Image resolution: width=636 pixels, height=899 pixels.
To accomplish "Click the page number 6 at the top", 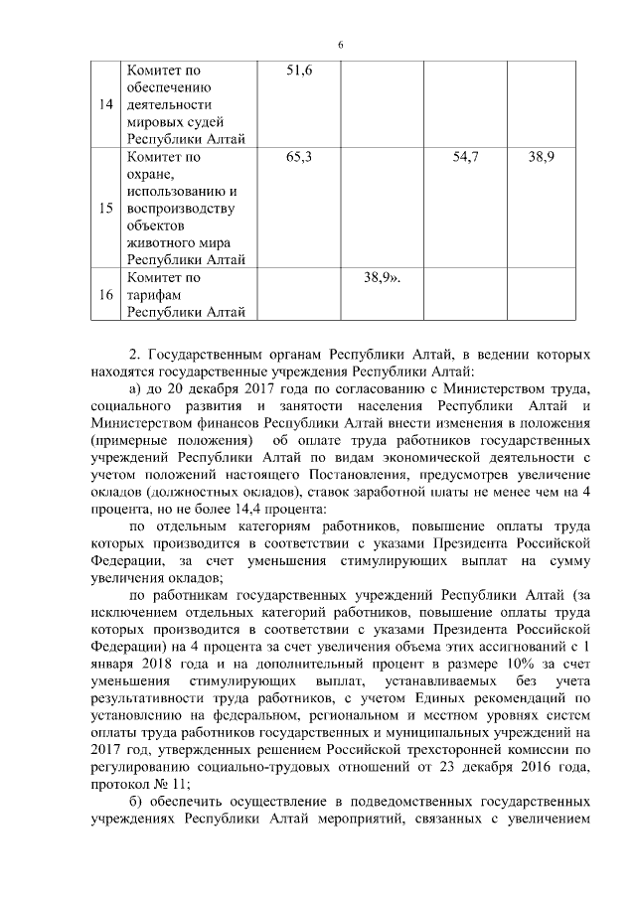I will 340,45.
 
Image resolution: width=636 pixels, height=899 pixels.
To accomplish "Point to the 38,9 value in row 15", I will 541,157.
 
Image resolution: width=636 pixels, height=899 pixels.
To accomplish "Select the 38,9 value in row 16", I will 382,278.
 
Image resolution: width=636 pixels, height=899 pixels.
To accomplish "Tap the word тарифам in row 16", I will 152,295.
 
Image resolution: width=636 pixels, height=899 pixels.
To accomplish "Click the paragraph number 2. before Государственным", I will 136,355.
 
